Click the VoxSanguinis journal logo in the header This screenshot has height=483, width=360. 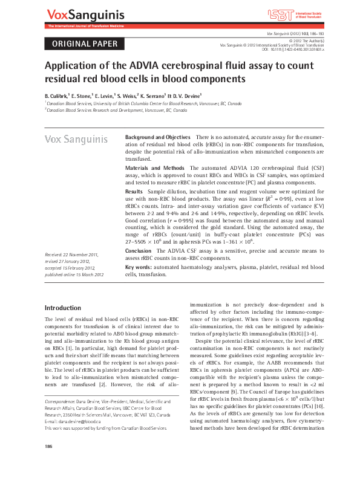(x=82, y=14)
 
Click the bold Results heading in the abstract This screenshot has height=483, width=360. (x=134, y=190)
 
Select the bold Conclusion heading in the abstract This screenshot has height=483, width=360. (x=138, y=250)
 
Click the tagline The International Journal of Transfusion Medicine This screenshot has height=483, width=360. (x=82, y=27)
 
